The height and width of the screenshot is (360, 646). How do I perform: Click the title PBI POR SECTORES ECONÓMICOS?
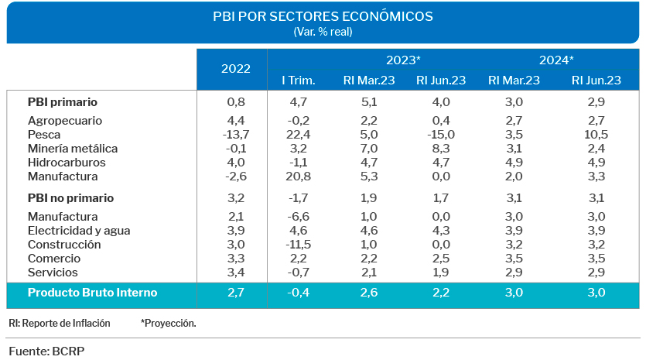click(x=323, y=16)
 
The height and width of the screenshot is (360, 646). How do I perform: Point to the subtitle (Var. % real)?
click(x=323, y=32)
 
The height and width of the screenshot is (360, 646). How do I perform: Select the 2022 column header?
click(x=236, y=68)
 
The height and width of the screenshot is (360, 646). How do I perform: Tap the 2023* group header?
click(x=404, y=60)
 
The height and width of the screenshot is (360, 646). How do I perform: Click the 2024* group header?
click(x=556, y=60)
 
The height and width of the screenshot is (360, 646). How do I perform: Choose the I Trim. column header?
click(x=297, y=80)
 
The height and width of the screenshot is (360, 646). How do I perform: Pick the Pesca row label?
click(x=44, y=135)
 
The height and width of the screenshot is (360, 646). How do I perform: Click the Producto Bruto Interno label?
click(x=92, y=293)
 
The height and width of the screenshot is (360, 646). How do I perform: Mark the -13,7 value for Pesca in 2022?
click(x=236, y=135)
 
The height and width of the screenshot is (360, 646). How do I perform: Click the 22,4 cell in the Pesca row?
click(x=297, y=135)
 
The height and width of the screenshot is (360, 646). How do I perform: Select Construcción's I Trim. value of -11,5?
click(x=297, y=245)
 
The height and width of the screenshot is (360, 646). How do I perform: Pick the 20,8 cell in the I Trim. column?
click(x=297, y=177)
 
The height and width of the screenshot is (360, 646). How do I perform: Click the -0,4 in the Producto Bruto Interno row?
click(x=297, y=293)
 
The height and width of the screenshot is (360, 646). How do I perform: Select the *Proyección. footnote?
click(x=168, y=323)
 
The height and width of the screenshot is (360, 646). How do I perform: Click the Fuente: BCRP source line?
click(x=46, y=351)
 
